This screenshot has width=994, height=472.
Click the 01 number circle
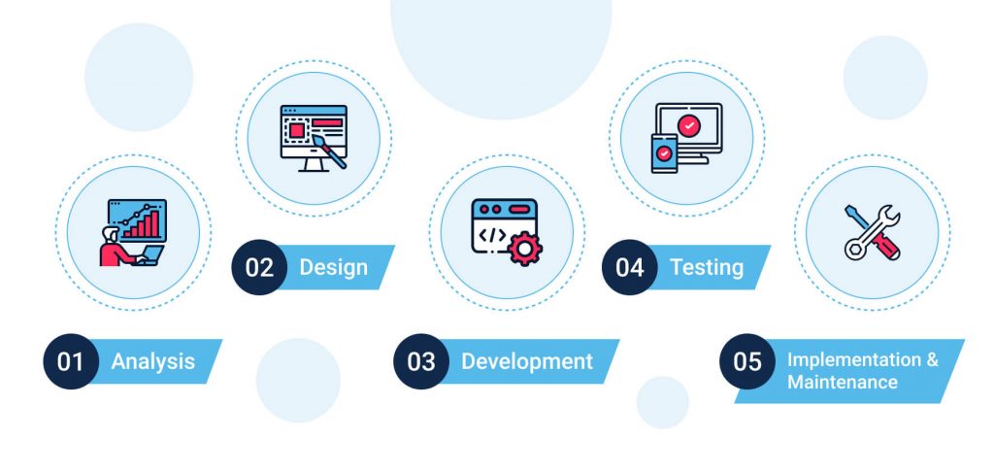[x=71, y=362]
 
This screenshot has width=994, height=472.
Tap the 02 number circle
[x=259, y=267]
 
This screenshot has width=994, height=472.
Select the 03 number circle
[x=420, y=362]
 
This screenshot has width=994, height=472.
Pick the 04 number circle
[x=630, y=267]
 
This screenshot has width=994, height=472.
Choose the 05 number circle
[x=746, y=362]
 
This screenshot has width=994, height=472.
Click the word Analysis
[x=153, y=362]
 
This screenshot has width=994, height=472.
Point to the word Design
[x=333, y=267]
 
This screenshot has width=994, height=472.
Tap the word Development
[x=527, y=362]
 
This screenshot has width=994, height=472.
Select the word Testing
[x=707, y=267]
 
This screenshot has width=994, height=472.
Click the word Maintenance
[x=843, y=383]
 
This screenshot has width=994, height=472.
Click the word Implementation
[x=854, y=359]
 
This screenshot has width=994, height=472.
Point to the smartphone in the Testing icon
[x=664, y=152]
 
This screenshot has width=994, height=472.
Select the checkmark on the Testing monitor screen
[x=689, y=125]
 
